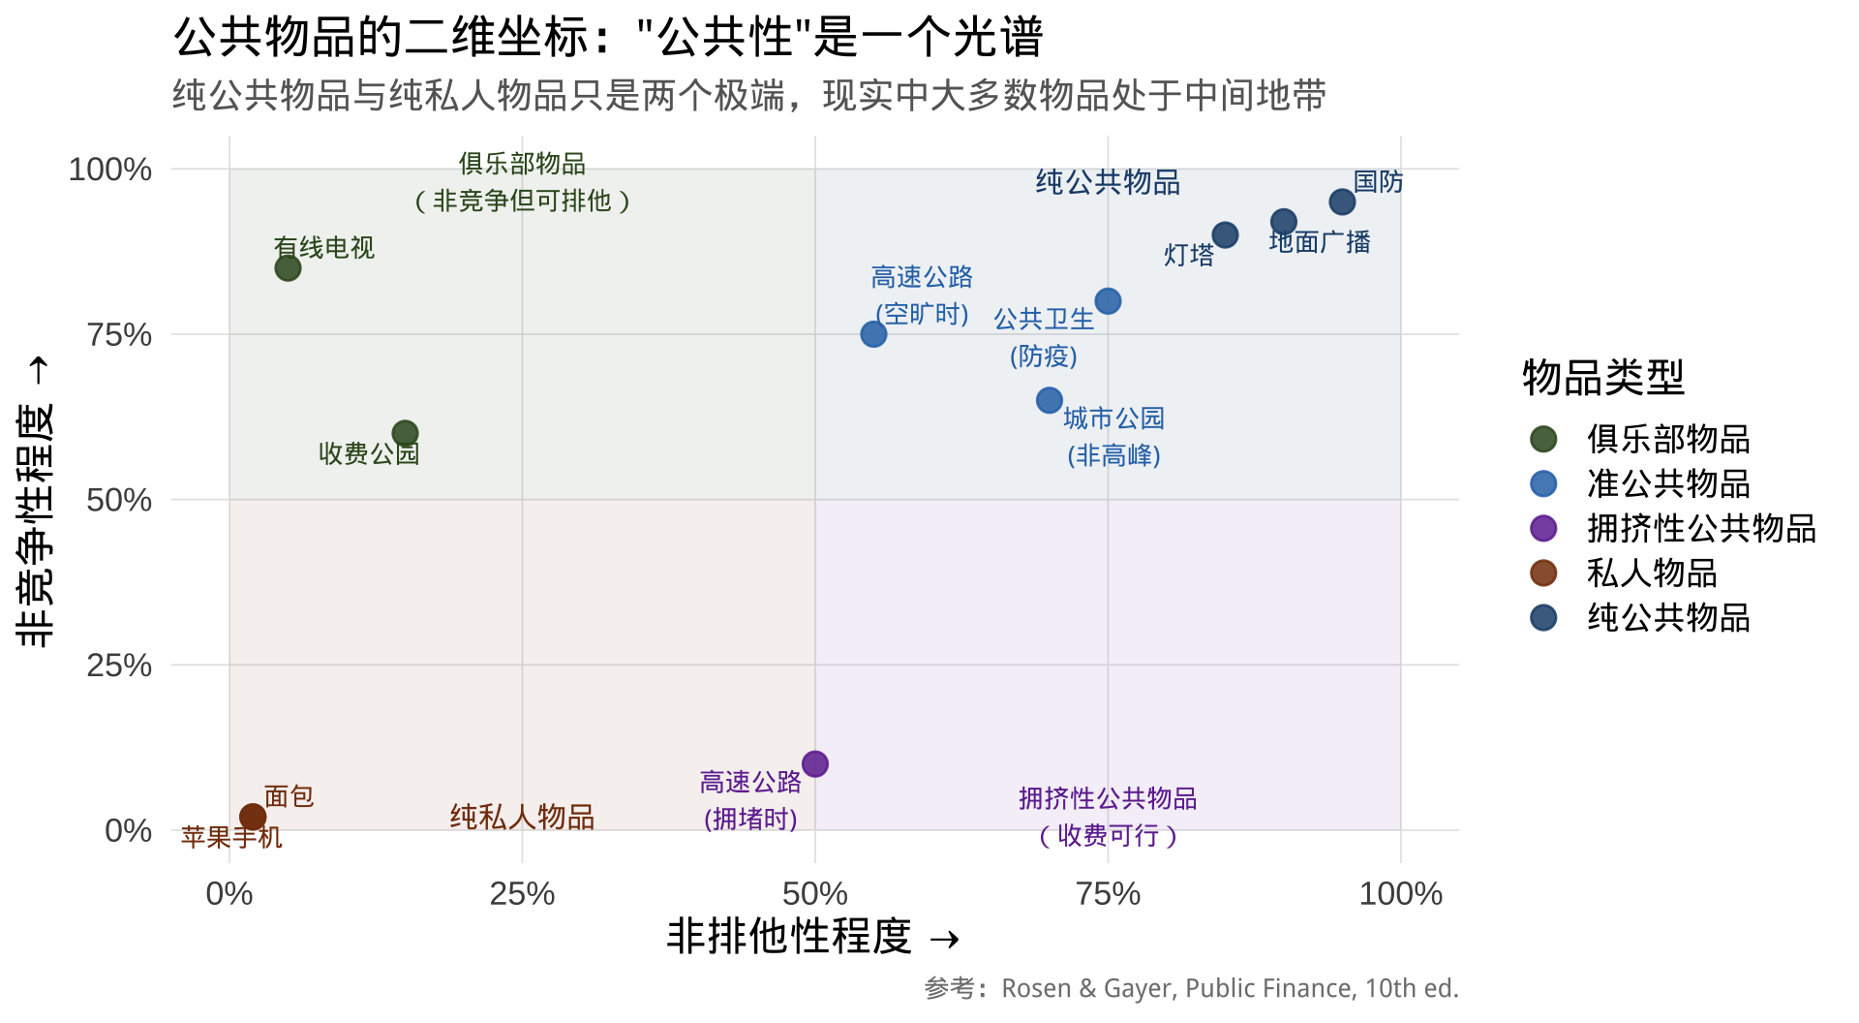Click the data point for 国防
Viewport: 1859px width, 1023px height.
(1342, 201)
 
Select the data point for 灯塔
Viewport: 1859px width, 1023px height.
(1225, 234)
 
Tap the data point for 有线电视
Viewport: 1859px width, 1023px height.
(288, 268)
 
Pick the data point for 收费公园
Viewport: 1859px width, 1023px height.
(405, 433)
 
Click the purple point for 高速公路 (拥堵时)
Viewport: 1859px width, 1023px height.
(815, 763)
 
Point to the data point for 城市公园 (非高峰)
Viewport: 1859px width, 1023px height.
(1050, 400)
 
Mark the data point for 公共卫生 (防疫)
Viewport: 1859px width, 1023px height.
(1108, 301)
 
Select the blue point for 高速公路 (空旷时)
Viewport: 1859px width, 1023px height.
(873, 334)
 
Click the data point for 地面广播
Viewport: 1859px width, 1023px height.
(1283, 222)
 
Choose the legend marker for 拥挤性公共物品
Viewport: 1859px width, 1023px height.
(1543, 528)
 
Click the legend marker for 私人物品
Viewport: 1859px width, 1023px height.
(1543, 573)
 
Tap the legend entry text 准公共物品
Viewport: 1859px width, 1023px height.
(1668, 483)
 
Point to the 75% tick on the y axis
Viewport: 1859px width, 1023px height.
(119, 335)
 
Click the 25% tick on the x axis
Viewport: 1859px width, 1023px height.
(522, 893)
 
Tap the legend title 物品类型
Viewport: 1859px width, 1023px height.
(1603, 377)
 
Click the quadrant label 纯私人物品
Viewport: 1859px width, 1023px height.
(522, 817)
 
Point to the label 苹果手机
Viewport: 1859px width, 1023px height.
(231, 837)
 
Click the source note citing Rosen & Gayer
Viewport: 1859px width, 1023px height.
(1191, 988)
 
